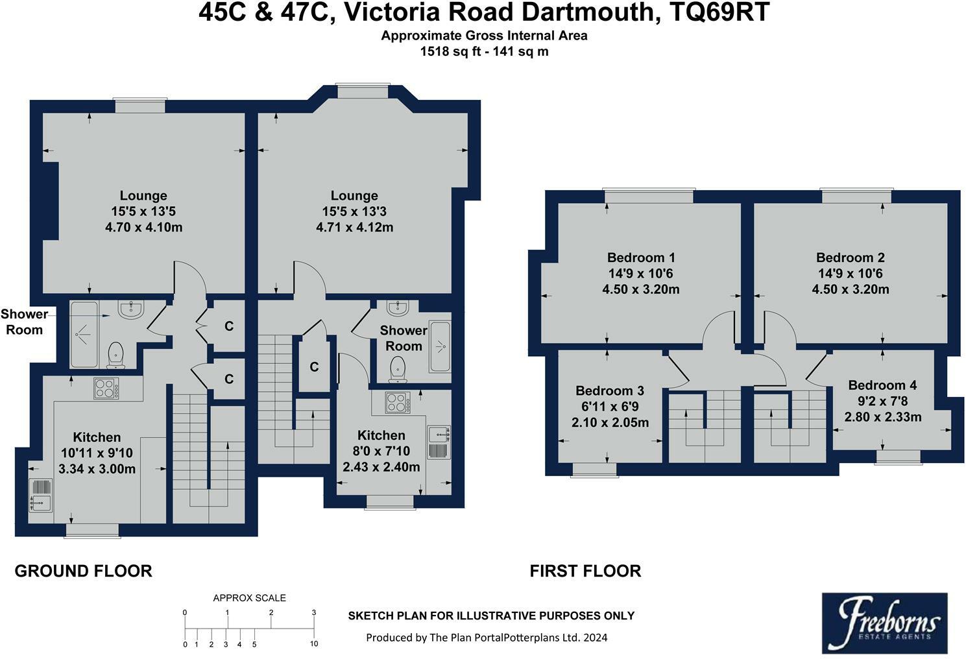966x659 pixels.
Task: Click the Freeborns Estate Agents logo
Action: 884,623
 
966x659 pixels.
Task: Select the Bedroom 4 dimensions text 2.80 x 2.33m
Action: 882,417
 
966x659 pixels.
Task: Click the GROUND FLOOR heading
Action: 83,571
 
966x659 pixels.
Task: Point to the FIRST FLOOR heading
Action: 585,571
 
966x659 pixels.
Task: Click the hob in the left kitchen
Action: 106,388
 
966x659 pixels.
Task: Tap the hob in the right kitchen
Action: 397,402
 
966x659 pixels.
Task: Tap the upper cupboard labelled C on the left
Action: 228,326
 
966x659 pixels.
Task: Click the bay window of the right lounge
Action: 363,91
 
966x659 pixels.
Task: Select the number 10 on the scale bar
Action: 314,644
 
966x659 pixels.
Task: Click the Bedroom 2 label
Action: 850,258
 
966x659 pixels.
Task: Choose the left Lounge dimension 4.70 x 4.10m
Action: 143,227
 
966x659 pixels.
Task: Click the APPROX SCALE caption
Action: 249,598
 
